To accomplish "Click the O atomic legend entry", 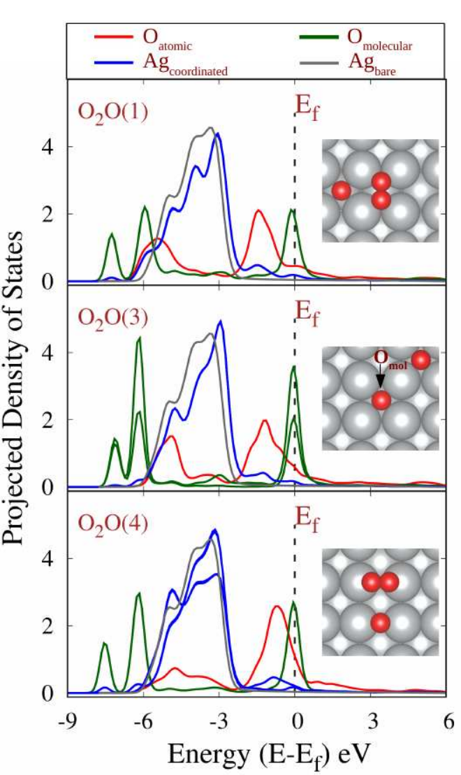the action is click(x=142, y=40).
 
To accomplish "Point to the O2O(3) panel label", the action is click(x=114, y=319).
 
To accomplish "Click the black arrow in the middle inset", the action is click(x=380, y=377).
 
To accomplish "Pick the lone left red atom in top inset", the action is click(x=341, y=190).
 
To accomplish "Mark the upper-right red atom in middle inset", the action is click(x=420, y=360).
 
